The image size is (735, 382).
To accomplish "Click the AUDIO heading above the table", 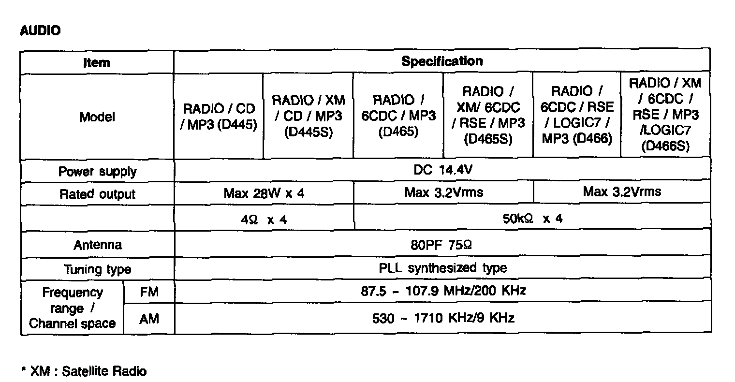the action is [x=40, y=31].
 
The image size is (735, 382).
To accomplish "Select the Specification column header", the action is [x=442, y=61].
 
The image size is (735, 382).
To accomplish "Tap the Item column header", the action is [x=97, y=62].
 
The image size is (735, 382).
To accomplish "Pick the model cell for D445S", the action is [x=309, y=116].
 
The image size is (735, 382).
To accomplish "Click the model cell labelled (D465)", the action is [x=398, y=116].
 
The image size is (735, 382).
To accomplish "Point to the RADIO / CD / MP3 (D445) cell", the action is [x=219, y=117].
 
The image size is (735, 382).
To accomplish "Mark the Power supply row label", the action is [x=97, y=172].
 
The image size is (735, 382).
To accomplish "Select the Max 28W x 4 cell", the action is [x=264, y=193].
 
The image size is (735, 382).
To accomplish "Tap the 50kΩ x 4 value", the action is [x=532, y=219].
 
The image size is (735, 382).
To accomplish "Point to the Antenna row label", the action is [x=97, y=245].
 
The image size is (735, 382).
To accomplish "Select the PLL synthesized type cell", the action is [x=442, y=267].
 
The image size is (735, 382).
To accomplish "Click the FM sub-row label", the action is [x=149, y=292].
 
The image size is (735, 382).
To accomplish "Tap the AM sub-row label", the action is [x=149, y=319].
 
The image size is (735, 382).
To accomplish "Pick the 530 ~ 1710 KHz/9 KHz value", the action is [x=443, y=318].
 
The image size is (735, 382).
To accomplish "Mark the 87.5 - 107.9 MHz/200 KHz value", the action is [x=443, y=291].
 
